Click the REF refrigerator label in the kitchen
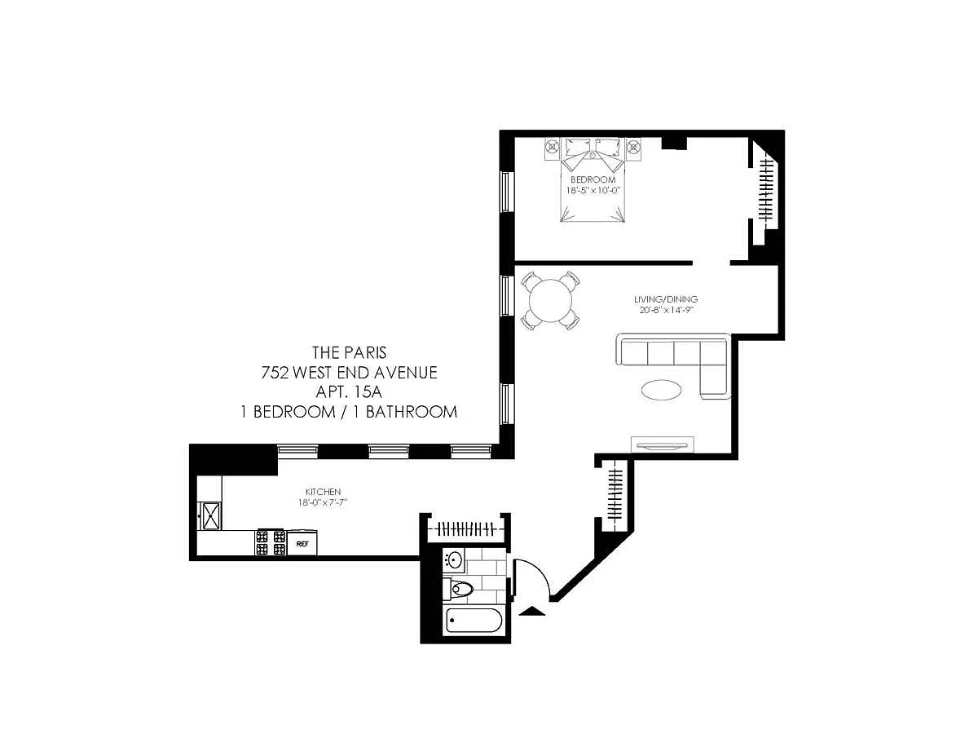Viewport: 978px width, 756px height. point(302,544)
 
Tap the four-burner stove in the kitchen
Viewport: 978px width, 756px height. point(271,542)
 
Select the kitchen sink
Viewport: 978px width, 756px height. point(210,516)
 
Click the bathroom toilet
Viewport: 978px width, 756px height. point(458,589)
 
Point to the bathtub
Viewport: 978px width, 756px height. point(473,620)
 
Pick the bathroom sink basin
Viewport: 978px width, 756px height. point(454,560)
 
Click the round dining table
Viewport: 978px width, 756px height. point(550,300)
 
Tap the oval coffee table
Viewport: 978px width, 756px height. point(661,390)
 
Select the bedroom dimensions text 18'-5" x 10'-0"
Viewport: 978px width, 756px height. point(593,191)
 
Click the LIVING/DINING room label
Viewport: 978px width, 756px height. point(666,299)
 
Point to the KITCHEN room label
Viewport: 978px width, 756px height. point(323,492)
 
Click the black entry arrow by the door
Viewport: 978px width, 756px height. point(531,611)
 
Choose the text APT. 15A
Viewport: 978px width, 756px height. point(349,392)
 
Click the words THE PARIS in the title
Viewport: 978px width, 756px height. point(350,352)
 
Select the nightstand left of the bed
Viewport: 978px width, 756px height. point(553,148)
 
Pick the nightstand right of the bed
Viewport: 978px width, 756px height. point(633,148)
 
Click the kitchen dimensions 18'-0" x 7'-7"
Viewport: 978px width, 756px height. point(323,502)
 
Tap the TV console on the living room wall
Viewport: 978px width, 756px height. point(662,444)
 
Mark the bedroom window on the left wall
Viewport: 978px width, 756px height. point(507,192)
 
